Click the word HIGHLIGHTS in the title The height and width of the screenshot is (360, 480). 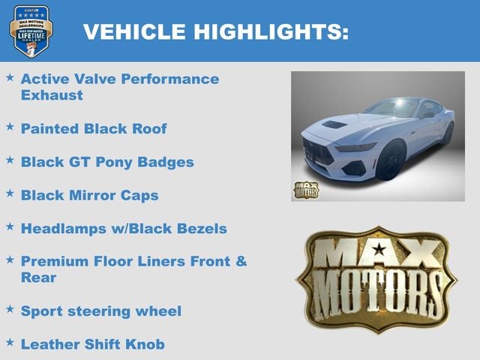271,31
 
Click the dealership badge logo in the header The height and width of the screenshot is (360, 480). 31,30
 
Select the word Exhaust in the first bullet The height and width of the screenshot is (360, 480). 52,95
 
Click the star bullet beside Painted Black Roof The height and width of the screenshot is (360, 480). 10,127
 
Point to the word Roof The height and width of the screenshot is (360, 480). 148,128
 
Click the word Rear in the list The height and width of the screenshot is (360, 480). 38,277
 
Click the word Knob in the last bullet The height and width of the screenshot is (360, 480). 145,343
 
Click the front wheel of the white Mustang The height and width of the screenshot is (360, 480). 389,161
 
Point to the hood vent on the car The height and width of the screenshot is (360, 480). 334,124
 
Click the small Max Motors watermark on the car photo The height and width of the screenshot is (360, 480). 305,190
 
